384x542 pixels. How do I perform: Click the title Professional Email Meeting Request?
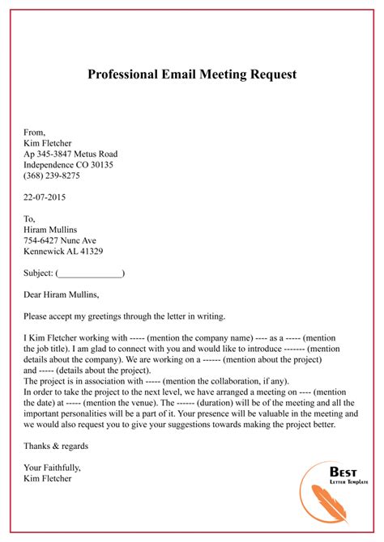[x=192, y=74]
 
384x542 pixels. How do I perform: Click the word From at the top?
[x=34, y=132]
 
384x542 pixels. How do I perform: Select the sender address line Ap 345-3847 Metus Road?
[x=70, y=154]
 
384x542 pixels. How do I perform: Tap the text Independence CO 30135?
[x=68, y=164]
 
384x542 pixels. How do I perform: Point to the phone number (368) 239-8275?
[x=52, y=176]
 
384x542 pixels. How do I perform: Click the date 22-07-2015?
[x=45, y=197]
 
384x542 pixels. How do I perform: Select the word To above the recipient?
[x=30, y=218]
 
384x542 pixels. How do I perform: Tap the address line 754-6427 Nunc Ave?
[x=60, y=240]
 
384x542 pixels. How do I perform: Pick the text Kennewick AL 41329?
[x=63, y=252]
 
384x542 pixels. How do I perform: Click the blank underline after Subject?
[x=89, y=273]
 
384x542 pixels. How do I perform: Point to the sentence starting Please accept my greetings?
[x=130, y=316]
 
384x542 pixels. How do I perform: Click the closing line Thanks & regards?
[x=56, y=446]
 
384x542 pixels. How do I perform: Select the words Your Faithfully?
[x=52, y=468]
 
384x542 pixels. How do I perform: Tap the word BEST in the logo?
[x=343, y=472]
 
